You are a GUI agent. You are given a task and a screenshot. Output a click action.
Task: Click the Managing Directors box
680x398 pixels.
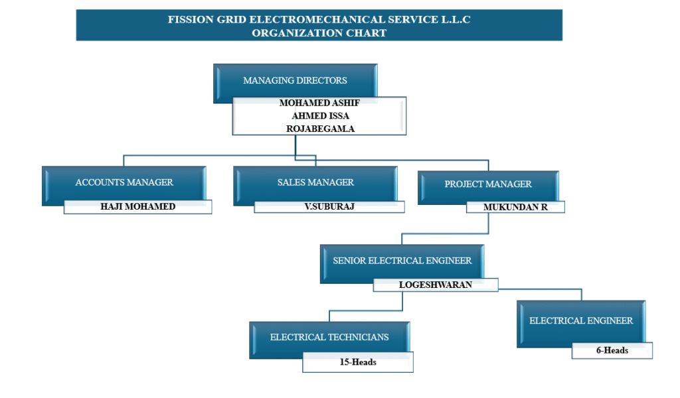(x=295, y=81)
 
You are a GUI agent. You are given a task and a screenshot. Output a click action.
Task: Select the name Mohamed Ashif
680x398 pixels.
(x=319, y=103)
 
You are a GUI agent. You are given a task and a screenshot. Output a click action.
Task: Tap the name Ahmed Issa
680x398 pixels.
(x=320, y=116)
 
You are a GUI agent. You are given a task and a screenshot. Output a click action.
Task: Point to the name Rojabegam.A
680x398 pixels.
(x=320, y=129)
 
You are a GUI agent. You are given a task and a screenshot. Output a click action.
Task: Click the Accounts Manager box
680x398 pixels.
(x=124, y=182)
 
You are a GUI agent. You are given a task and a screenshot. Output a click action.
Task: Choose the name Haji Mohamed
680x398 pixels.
(x=138, y=206)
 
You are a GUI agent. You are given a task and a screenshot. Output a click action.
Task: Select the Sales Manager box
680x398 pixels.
(x=315, y=182)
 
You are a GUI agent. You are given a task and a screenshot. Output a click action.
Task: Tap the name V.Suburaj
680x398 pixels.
(x=329, y=206)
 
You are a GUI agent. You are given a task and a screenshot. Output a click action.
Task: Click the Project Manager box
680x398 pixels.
(x=488, y=184)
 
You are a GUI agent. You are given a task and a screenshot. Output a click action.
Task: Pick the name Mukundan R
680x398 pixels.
(x=515, y=207)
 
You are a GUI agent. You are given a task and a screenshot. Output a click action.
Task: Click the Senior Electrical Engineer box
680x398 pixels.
(x=402, y=261)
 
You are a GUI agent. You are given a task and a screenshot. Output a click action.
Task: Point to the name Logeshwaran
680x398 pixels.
(x=436, y=285)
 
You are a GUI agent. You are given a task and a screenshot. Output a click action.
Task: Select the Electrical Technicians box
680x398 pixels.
(x=329, y=337)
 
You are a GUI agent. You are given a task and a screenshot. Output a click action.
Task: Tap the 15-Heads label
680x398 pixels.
(x=358, y=362)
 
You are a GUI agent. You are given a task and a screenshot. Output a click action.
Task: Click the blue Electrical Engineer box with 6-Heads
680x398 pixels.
(x=581, y=321)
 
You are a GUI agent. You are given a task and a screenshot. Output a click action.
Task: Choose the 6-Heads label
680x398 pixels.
(x=612, y=350)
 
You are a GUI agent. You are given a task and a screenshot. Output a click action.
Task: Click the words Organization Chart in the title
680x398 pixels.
(x=319, y=33)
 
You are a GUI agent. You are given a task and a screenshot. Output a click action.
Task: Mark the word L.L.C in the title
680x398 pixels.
(x=456, y=20)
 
